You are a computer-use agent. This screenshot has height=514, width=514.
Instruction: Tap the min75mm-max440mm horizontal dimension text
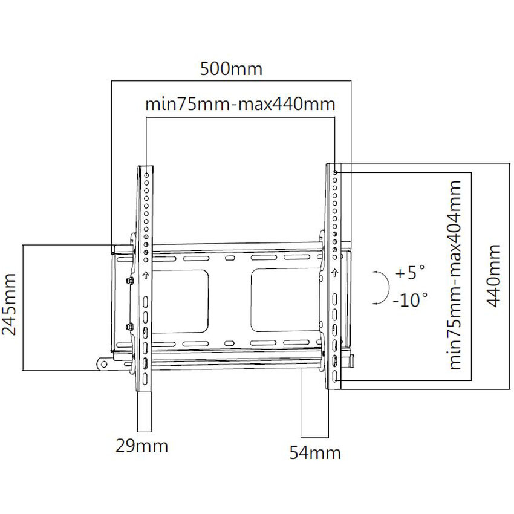(240, 103)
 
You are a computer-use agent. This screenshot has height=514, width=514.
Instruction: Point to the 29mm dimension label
(142, 446)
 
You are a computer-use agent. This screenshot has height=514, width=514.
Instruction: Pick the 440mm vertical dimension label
(495, 275)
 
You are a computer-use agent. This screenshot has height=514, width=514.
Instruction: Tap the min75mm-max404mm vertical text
(454, 274)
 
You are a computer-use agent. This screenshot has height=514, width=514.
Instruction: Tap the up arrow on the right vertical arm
(334, 274)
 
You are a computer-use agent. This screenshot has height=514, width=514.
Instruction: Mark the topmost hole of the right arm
(335, 173)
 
